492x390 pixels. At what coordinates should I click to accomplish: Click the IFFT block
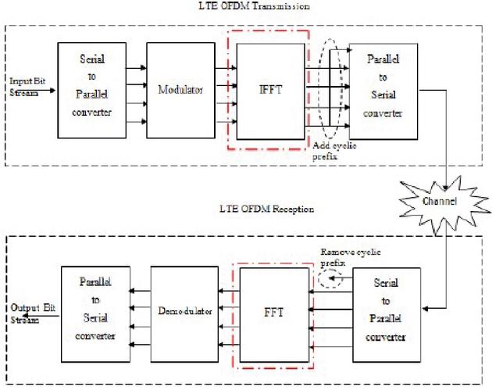(x=270, y=91)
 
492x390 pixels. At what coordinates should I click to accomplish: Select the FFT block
(x=274, y=315)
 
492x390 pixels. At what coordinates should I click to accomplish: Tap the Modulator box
(x=180, y=91)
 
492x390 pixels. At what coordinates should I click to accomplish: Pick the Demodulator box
(x=184, y=314)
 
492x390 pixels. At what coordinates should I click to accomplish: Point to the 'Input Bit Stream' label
(x=27, y=87)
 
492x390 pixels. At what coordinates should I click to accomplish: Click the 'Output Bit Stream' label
(x=33, y=313)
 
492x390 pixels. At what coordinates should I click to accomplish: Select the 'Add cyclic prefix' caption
(x=334, y=151)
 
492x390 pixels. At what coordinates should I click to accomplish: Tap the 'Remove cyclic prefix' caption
(x=351, y=257)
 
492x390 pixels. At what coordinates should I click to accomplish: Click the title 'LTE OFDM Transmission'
(x=254, y=5)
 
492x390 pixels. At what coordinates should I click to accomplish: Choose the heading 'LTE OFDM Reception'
(x=267, y=209)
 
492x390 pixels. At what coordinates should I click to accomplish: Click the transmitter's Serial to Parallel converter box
(x=92, y=91)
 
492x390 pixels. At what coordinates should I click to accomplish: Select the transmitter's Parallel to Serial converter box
(x=383, y=91)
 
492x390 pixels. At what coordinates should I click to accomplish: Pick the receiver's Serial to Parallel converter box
(x=387, y=315)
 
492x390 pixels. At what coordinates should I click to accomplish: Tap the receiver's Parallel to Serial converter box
(x=95, y=314)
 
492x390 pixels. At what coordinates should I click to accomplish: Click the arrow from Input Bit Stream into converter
(x=41, y=91)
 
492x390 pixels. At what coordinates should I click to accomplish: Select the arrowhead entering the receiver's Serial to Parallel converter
(x=425, y=309)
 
